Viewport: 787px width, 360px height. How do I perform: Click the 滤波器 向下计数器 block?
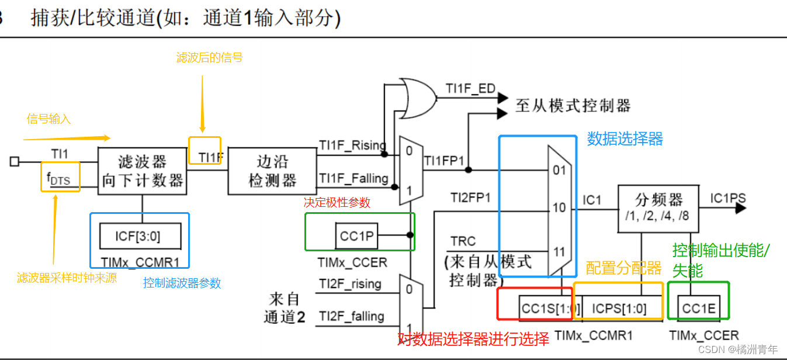143,170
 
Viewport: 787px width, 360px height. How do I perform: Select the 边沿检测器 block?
272,170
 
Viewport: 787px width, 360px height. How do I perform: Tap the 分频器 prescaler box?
658,207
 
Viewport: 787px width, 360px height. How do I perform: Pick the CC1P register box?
356,236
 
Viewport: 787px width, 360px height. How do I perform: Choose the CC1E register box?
699,308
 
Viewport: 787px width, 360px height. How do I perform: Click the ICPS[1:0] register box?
619,308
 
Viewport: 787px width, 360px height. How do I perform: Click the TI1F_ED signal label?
470,89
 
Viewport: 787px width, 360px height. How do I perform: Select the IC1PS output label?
728,198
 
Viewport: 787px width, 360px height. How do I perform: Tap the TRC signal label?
463,241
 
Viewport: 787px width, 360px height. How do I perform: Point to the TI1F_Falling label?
353,178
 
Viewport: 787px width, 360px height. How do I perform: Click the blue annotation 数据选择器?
625,139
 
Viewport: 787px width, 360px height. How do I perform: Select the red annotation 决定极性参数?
337,203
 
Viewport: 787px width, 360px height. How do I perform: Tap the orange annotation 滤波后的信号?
209,57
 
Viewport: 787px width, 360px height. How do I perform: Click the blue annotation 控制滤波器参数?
182,283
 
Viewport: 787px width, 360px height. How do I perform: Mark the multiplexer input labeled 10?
559,208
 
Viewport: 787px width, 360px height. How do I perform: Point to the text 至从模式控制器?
573,106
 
